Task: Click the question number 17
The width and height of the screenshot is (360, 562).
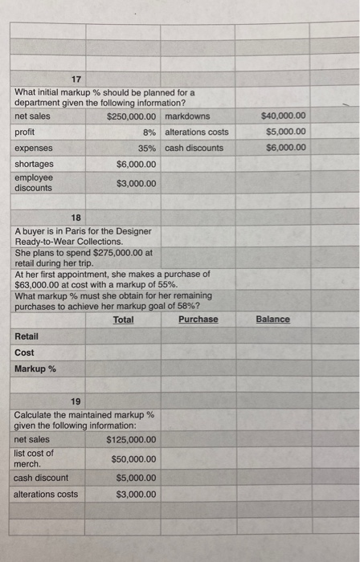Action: (x=76, y=79)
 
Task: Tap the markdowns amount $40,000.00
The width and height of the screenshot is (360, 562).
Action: (x=284, y=116)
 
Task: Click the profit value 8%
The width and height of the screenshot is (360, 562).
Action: (x=149, y=132)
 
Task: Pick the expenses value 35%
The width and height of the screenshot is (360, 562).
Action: (x=147, y=149)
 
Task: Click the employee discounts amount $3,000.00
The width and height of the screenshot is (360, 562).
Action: (x=136, y=183)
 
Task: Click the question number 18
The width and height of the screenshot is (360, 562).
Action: (x=76, y=218)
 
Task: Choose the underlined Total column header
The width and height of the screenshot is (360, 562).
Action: (x=123, y=320)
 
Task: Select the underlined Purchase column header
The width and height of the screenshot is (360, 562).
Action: (x=198, y=320)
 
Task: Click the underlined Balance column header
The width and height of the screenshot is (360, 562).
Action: (x=272, y=320)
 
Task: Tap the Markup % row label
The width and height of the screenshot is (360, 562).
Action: (x=35, y=369)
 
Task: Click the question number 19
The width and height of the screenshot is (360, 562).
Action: (x=76, y=401)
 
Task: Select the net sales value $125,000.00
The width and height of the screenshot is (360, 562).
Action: (x=131, y=440)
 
